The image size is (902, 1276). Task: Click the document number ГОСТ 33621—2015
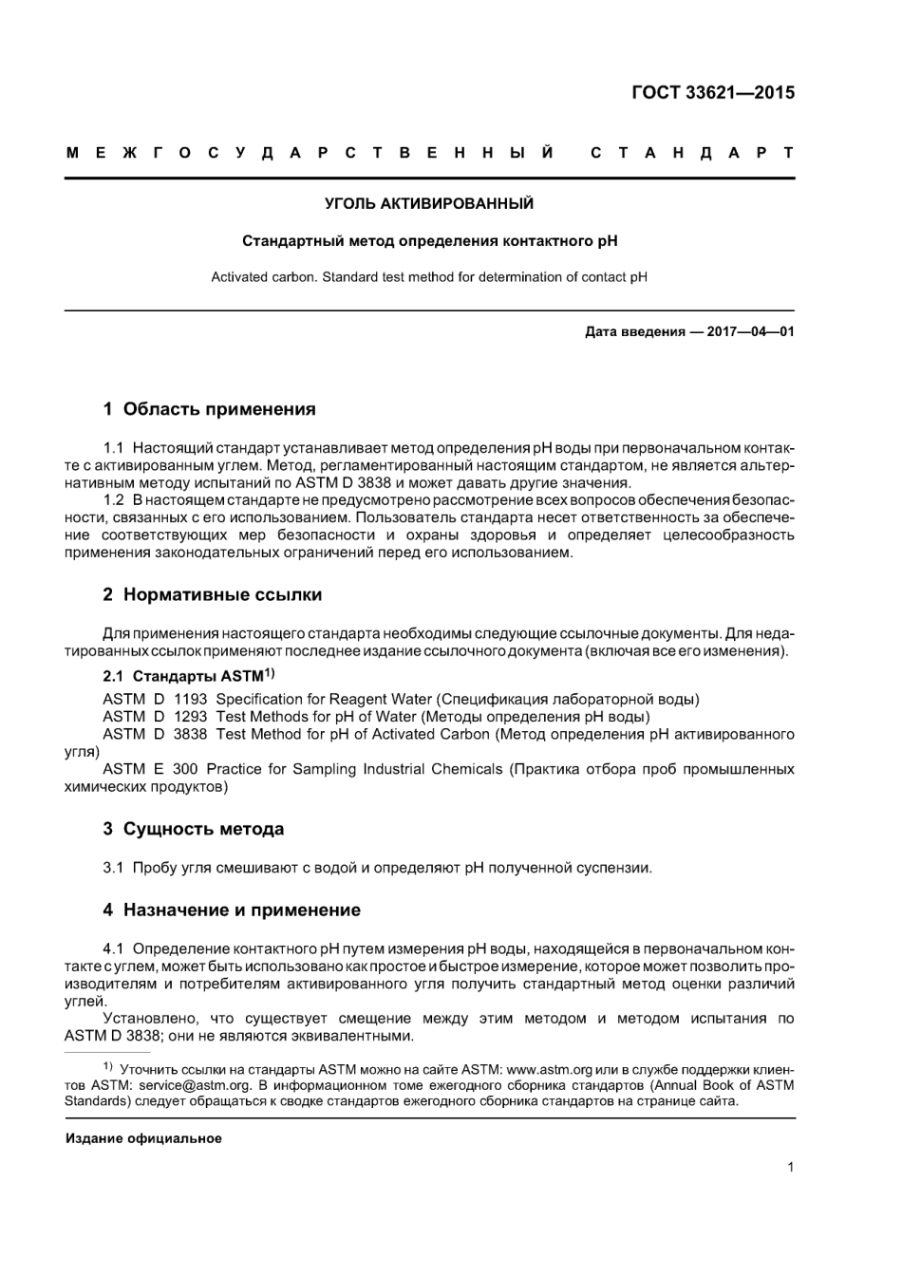(x=712, y=93)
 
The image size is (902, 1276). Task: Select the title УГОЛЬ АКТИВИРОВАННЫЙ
(x=429, y=204)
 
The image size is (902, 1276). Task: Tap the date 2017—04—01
(x=750, y=332)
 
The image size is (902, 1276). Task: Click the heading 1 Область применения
(x=209, y=409)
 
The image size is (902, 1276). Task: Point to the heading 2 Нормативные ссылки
(x=212, y=595)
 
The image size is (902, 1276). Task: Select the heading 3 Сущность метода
(x=194, y=829)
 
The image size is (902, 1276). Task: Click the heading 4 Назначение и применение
(x=232, y=910)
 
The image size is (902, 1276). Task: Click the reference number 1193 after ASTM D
(x=190, y=700)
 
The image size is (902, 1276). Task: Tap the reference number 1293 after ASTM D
(x=190, y=717)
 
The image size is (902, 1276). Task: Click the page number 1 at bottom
(x=790, y=1168)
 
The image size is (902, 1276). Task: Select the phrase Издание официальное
(x=143, y=1138)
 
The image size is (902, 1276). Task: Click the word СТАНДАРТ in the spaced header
(x=691, y=153)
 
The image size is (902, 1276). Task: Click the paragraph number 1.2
(x=114, y=500)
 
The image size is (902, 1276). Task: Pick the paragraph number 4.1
(x=114, y=949)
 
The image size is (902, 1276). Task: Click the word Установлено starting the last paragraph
(x=146, y=1019)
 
